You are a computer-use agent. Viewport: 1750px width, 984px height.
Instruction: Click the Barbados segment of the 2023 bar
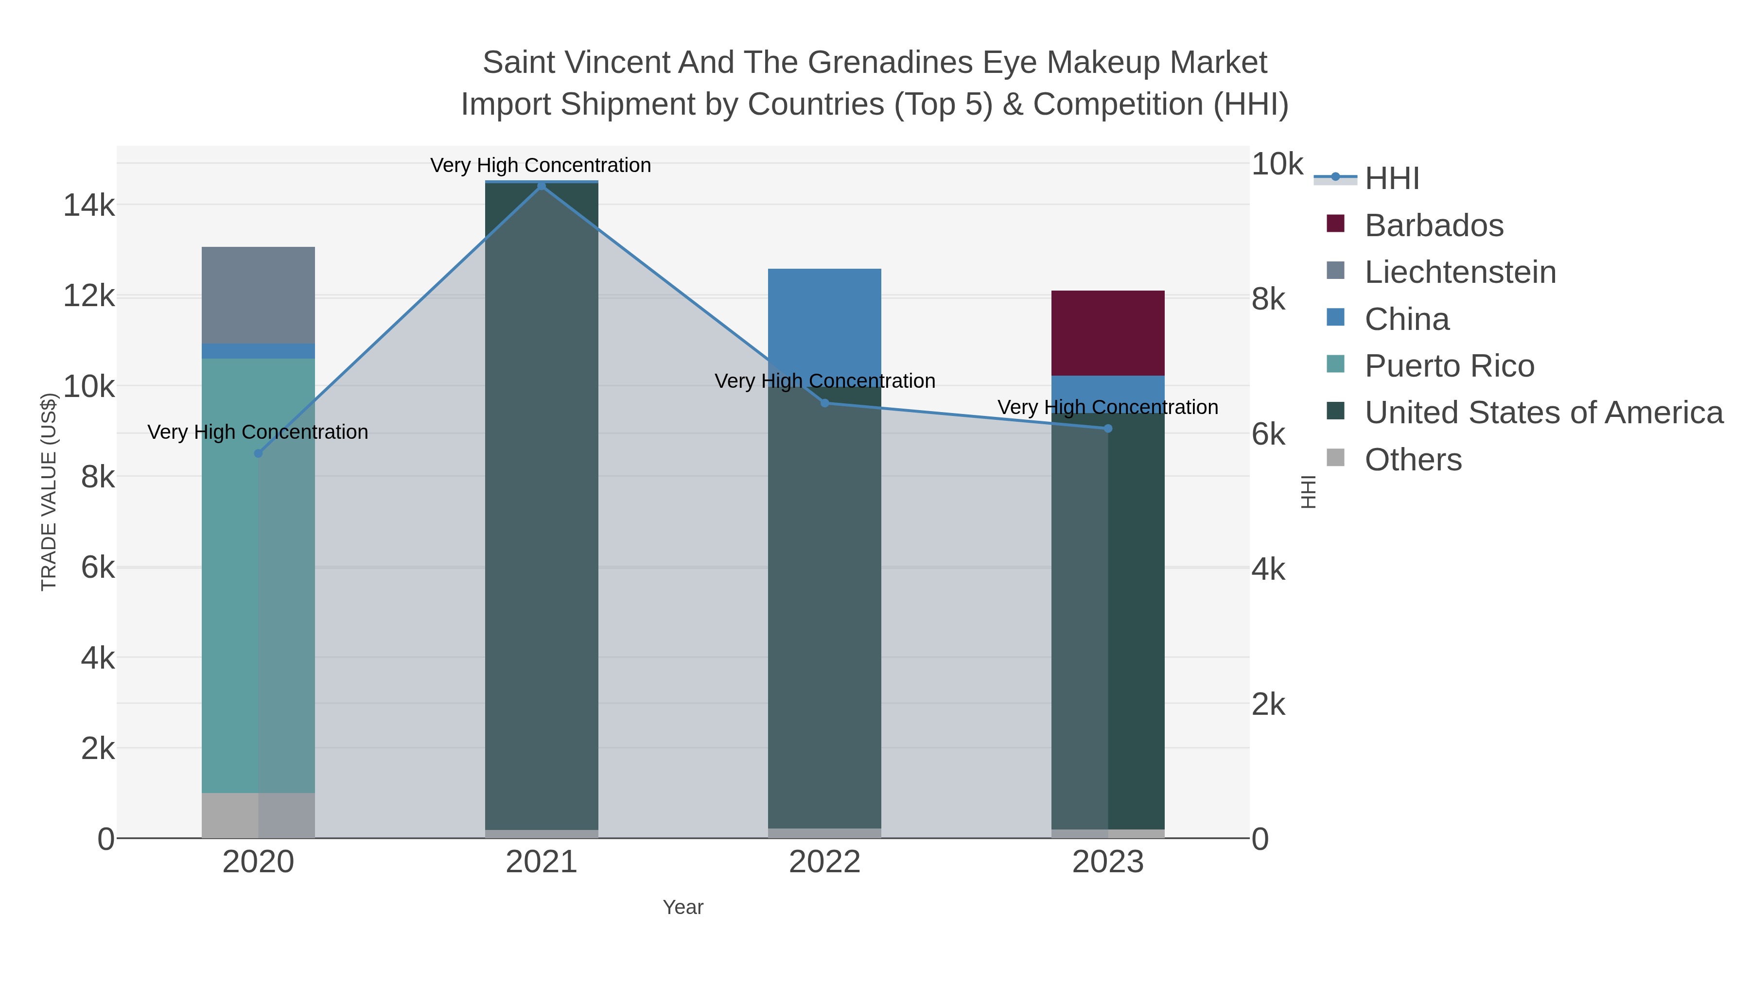(1107, 333)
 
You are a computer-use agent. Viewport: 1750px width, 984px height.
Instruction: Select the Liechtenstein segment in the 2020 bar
(258, 295)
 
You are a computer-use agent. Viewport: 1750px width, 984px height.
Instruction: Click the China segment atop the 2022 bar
(824, 319)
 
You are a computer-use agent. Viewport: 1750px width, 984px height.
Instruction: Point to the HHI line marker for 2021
(542, 186)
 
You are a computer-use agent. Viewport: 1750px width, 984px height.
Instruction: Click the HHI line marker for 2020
(258, 453)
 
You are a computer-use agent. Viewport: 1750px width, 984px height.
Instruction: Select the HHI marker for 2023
(1108, 429)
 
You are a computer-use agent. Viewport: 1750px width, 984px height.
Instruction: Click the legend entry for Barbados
(1434, 225)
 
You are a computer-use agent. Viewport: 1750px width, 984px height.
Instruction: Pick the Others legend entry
(1413, 460)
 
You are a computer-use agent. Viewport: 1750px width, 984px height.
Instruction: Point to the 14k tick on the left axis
(89, 205)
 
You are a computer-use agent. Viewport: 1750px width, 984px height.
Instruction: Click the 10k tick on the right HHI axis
(1277, 164)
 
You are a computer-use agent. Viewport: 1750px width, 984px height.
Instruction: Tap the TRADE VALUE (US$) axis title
(49, 492)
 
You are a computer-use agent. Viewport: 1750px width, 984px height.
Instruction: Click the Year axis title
(683, 907)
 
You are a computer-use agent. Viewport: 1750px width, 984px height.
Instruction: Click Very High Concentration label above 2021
(540, 165)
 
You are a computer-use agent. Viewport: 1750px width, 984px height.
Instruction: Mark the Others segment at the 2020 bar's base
(258, 815)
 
